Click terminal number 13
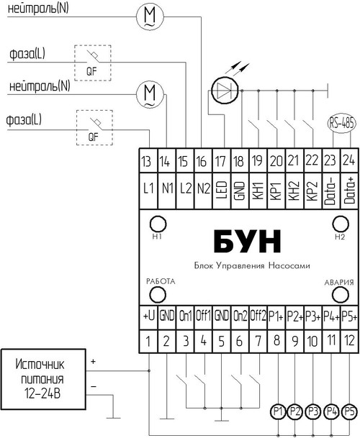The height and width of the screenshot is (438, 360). pos(146,161)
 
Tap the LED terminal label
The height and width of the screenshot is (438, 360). pos(222,190)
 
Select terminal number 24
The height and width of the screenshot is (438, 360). pos(348,160)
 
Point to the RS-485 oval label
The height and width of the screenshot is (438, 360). pos(341,123)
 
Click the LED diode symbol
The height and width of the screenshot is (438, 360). pos(225,91)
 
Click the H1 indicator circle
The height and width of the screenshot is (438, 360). pos(158,224)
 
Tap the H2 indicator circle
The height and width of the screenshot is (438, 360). pos(341,224)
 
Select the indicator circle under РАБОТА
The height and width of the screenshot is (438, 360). pos(158,295)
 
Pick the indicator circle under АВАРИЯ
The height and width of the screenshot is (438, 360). pos(341,295)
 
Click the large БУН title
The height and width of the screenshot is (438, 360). pos(247,242)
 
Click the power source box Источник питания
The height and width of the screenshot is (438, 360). pos(43,379)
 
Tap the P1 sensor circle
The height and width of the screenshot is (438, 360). pos(278,411)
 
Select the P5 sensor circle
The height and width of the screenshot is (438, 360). pos(350,411)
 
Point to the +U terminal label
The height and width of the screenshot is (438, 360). pos(148,316)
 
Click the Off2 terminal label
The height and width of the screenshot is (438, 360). pos(258,316)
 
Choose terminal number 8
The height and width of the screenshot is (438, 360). pos(276,340)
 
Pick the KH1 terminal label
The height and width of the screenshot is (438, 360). pos(258,191)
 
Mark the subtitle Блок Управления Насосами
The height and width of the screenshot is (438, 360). pos(252,265)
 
